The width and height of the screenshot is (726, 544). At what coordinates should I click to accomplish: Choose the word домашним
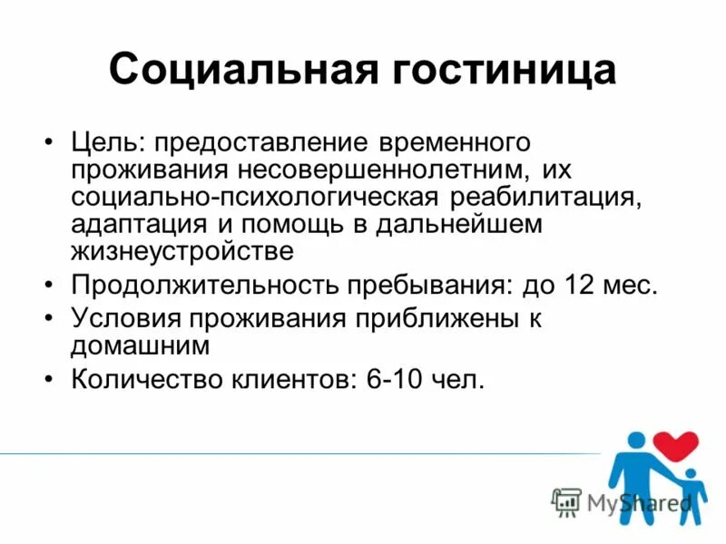coord(141,345)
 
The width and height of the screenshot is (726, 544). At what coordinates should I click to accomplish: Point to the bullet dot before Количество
coord(49,379)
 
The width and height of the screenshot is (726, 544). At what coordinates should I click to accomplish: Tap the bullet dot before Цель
coord(49,143)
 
